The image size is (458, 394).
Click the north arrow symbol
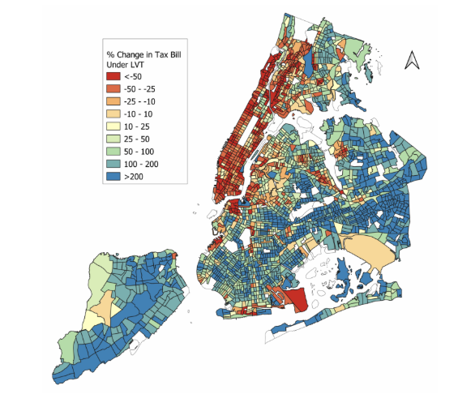tap(411, 61)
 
